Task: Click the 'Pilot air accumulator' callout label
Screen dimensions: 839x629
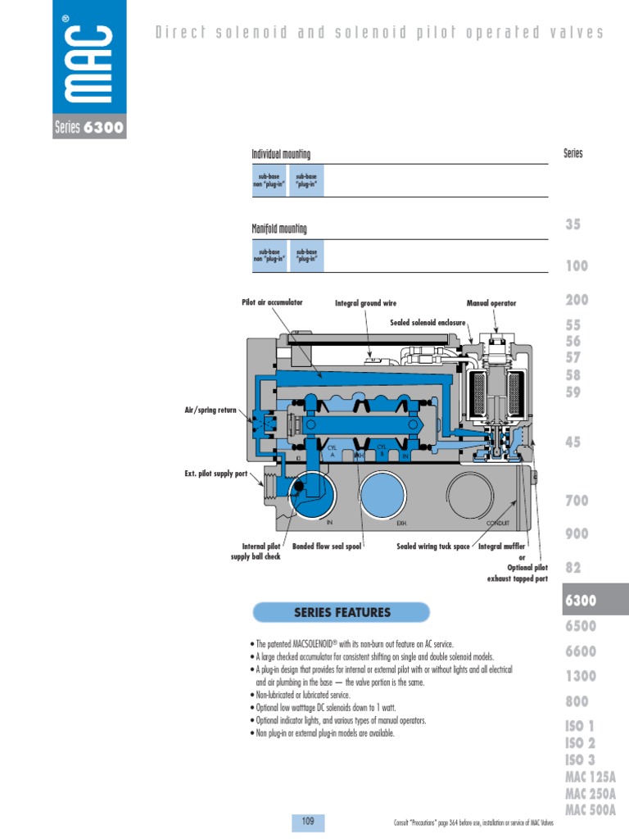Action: coord(272,302)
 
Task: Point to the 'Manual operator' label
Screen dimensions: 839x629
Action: coord(491,303)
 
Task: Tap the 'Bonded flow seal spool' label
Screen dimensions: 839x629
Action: coord(327,546)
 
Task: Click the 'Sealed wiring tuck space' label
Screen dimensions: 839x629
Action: coord(433,546)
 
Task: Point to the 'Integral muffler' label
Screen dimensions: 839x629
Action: coord(501,546)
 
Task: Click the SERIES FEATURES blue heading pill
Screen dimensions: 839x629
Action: coord(342,612)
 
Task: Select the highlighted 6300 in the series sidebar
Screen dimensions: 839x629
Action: coord(580,601)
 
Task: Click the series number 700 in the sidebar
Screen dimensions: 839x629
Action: coord(577,501)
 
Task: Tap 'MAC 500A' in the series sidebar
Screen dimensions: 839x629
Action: coord(590,811)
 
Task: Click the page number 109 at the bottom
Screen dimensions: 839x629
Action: coord(309,821)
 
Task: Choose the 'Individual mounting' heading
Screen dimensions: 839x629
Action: coord(281,154)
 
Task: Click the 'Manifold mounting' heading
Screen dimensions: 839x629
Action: coord(279,229)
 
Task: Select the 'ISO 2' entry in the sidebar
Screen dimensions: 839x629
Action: coord(580,743)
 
